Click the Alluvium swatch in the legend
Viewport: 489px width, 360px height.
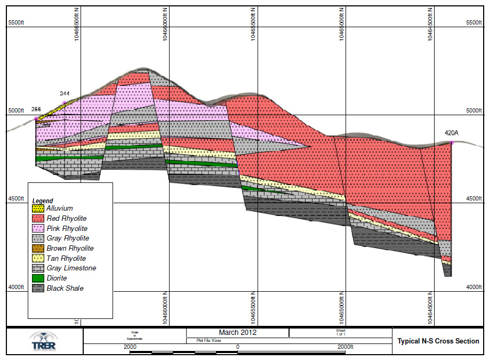click(x=38, y=209)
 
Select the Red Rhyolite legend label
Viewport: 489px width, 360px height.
click(x=67, y=219)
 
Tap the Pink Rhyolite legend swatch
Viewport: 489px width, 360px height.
click(x=38, y=229)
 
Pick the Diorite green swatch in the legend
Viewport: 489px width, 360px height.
click(x=38, y=278)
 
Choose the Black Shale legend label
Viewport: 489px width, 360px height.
click(x=65, y=289)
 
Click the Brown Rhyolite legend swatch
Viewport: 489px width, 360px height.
click(x=38, y=249)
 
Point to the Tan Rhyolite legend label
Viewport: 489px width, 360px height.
click(x=66, y=259)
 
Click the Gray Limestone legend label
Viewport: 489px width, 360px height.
click(x=71, y=268)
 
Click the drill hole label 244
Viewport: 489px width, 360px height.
click(x=65, y=94)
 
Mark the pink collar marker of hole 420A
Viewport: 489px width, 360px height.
click(x=452, y=142)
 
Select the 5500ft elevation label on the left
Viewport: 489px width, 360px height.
click(x=16, y=22)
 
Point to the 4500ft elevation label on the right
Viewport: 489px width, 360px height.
click(x=474, y=199)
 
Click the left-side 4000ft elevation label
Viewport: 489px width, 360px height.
click(x=16, y=287)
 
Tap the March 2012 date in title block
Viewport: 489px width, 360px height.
click(x=238, y=332)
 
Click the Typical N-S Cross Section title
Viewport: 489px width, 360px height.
click(x=438, y=341)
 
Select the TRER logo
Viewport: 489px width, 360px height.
click(x=43, y=342)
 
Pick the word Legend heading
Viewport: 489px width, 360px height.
click(x=43, y=201)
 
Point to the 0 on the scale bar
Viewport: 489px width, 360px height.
click(x=238, y=347)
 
